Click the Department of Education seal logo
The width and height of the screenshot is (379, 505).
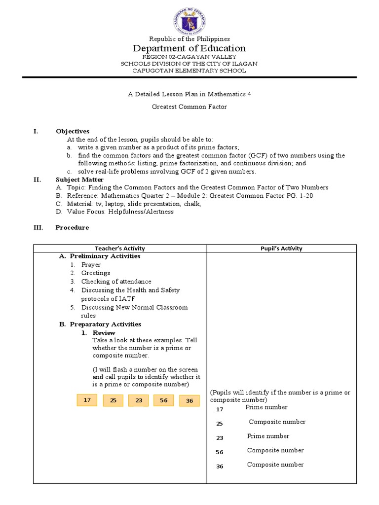click(189, 19)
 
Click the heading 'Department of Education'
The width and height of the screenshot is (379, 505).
click(189, 48)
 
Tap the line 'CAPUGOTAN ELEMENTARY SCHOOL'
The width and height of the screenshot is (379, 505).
click(189, 71)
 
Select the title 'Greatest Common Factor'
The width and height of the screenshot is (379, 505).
click(189, 106)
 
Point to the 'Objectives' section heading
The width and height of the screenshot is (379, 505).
click(73, 131)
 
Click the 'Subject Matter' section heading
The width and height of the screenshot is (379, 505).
click(79, 180)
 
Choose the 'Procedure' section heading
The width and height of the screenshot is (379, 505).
click(72, 227)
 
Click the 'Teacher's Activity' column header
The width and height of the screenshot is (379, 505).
click(120, 249)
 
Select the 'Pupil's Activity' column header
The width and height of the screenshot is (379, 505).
click(281, 249)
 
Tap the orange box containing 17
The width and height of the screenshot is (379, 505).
click(87, 400)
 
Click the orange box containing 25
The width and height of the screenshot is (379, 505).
click(113, 400)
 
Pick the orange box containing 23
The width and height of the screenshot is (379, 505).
click(139, 400)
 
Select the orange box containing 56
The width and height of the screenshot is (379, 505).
click(164, 400)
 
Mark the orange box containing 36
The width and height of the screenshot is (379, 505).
click(189, 401)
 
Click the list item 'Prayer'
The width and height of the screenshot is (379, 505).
click(91, 265)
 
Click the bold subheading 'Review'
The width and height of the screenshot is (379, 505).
click(104, 333)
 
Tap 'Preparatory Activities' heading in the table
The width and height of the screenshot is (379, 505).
click(105, 324)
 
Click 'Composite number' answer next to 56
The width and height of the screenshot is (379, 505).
click(275, 450)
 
